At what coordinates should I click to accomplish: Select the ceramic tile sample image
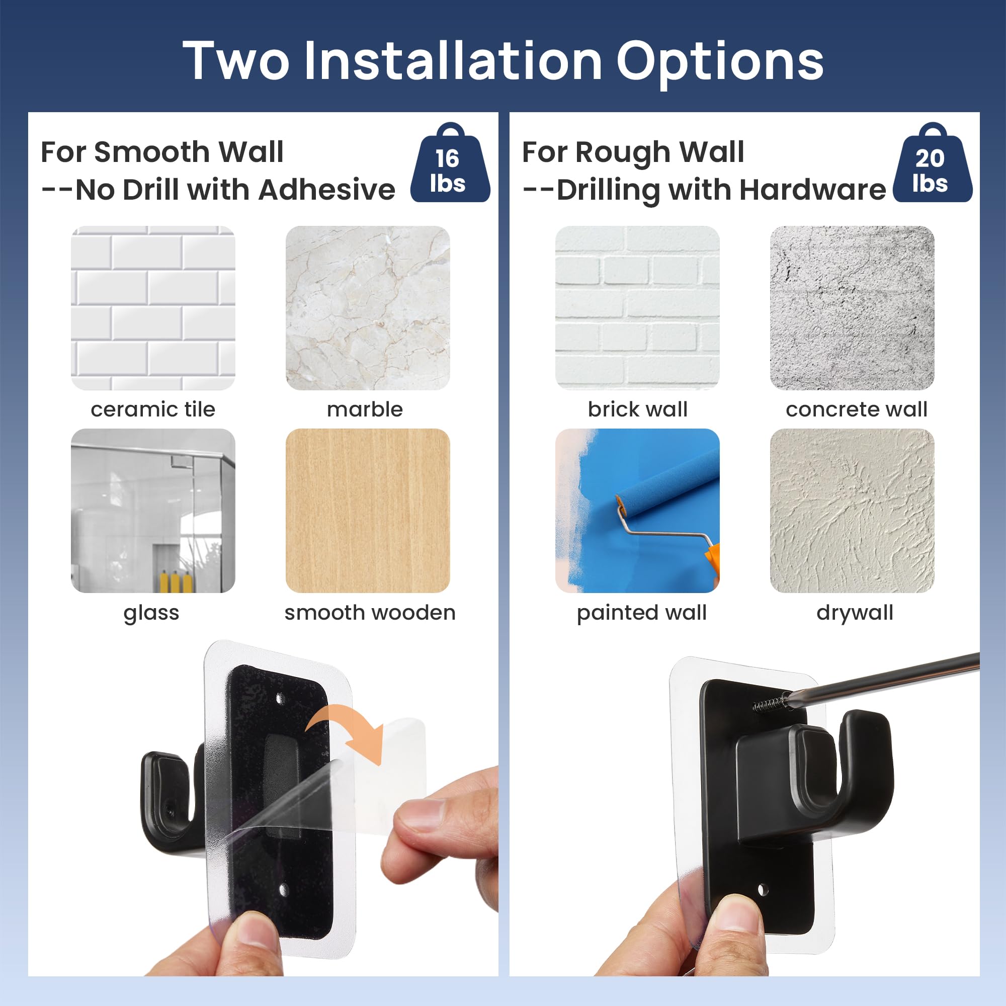[153, 308]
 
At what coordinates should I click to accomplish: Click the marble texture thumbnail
[368, 308]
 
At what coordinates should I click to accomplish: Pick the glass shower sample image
[153, 510]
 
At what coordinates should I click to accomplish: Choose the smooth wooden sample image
[368, 510]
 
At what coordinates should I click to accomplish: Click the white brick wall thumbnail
[637, 308]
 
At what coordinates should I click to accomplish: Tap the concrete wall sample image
[852, 308]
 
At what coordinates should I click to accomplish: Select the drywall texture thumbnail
[852, 510]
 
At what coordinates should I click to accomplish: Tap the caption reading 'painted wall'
[641, 612]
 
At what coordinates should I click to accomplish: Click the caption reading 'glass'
[151, 613]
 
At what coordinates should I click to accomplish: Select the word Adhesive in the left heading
[326, 189]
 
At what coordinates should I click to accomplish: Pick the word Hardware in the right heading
[812, 189]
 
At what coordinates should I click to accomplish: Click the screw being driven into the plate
[770, 704]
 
